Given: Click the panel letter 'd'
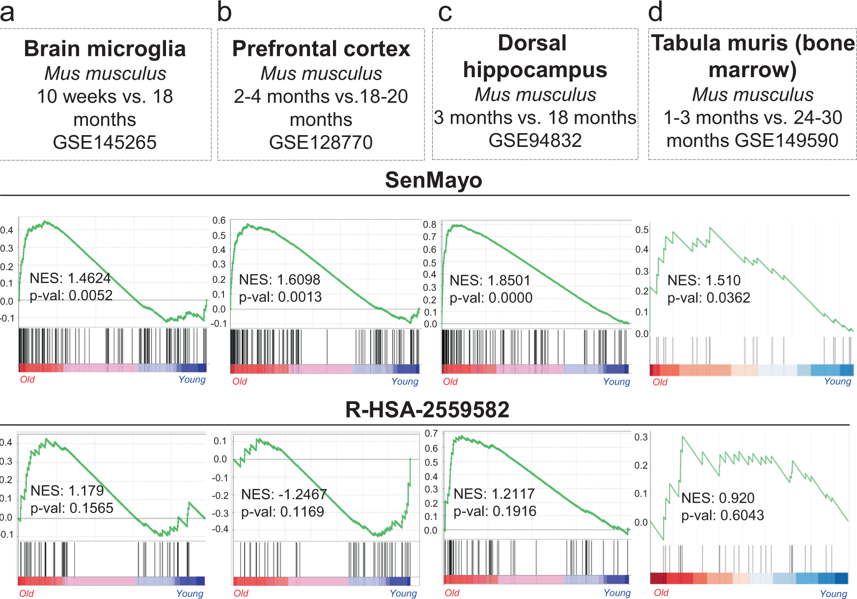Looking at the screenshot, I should [x=656, y=12].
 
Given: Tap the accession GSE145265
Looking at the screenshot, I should [x=105, y=143].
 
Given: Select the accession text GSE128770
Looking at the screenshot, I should [x=321, y=143].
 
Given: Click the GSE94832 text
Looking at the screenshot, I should [x=535, y=141].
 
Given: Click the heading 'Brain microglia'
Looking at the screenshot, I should [x=105, y=49].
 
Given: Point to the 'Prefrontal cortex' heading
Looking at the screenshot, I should [x=321, y=49].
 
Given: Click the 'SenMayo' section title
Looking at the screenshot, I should [x=433, y=180].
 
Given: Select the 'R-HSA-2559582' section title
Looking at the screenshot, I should [x=427, y=409].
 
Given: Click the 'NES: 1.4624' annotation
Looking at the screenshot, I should [x=70, y=278].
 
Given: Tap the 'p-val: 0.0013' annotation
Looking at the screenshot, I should [x=280, y=297].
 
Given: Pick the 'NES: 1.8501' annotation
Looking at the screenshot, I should [x=490, y=280].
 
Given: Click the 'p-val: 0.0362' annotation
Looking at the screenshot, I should [x=709, y=298].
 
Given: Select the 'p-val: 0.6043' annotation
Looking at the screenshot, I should [x=722, y=515].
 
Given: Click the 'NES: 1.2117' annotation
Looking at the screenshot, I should [x=494, y=494].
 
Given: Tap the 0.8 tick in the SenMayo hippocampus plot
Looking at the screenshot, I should [x=430, y=225].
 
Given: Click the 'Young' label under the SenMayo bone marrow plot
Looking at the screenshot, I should [x=837, y=381].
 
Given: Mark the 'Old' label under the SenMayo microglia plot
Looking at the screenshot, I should [x=28, y=379].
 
